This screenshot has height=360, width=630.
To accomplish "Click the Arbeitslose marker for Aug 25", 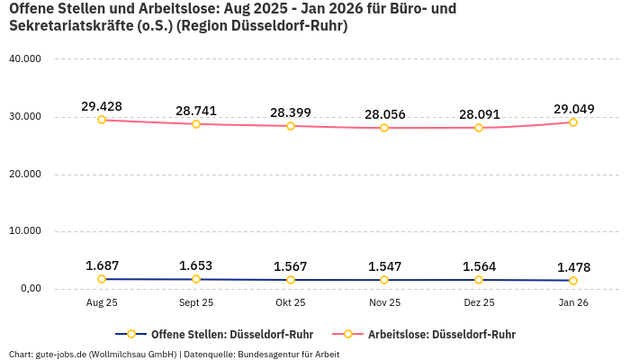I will tap(102, 120).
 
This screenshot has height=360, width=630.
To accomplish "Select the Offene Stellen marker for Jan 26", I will tap(573, 281).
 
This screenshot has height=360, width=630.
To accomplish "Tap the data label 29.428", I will tap(102, 106).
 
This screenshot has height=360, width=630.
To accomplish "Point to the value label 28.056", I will tap(384, 114).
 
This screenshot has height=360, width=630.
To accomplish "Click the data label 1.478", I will tap(573, 267).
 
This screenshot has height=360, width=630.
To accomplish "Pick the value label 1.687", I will tap(102, 265).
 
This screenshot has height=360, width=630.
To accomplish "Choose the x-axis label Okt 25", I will tap(291, 303).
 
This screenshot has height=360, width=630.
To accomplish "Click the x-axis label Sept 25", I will tap(196, 303).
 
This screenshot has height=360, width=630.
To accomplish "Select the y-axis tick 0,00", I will tap(29, 289).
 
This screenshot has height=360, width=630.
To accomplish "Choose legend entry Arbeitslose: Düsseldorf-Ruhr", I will tap(441, 334).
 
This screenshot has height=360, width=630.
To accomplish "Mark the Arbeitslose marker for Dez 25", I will tap(479, 128).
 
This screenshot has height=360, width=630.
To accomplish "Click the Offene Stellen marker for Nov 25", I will tap(384, 280).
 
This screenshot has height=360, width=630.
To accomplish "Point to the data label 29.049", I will tap(573, 109).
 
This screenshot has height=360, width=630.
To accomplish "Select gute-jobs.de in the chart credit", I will tap(55, 354).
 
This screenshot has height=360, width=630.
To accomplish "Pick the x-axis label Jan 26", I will tap(573, 303).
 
